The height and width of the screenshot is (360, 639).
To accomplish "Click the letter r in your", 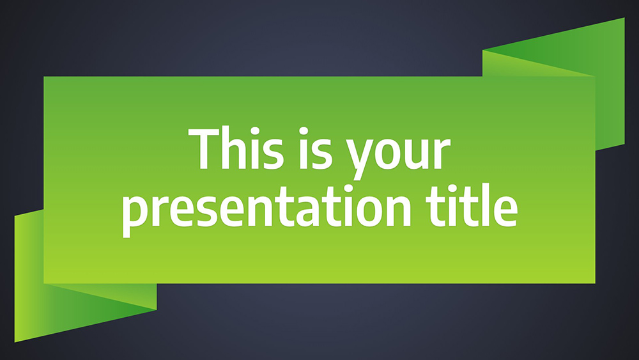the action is pos(442,153).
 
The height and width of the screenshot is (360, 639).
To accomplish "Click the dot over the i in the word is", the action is pos(303,131).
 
